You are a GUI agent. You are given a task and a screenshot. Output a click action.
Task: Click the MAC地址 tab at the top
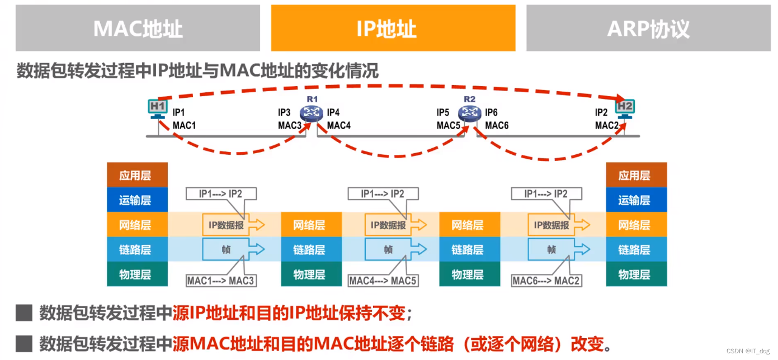pyautogui.click(x=138, y=29)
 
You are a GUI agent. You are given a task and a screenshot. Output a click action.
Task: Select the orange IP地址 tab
pyautogui.click(x=393, y=29)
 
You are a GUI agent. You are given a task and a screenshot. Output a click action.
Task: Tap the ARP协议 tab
pyautogui.click(x=648, y=29)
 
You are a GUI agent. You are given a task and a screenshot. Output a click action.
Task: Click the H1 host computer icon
pyautogui.click(x=157, y=107)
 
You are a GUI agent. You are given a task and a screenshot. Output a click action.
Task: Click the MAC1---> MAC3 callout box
pyautogui.click(x=221, y=280)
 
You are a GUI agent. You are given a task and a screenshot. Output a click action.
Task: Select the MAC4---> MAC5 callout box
pyautogui.click(x=383, y=280)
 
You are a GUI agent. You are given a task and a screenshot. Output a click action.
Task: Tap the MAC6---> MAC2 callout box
pyautogui.click(x=546, y=280)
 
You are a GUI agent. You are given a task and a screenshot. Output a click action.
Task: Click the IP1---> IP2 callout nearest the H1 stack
pyautogui.click(x=221, y=194)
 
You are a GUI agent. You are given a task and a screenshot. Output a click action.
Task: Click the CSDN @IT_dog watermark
pyautogui.click(x=748, y=351)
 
